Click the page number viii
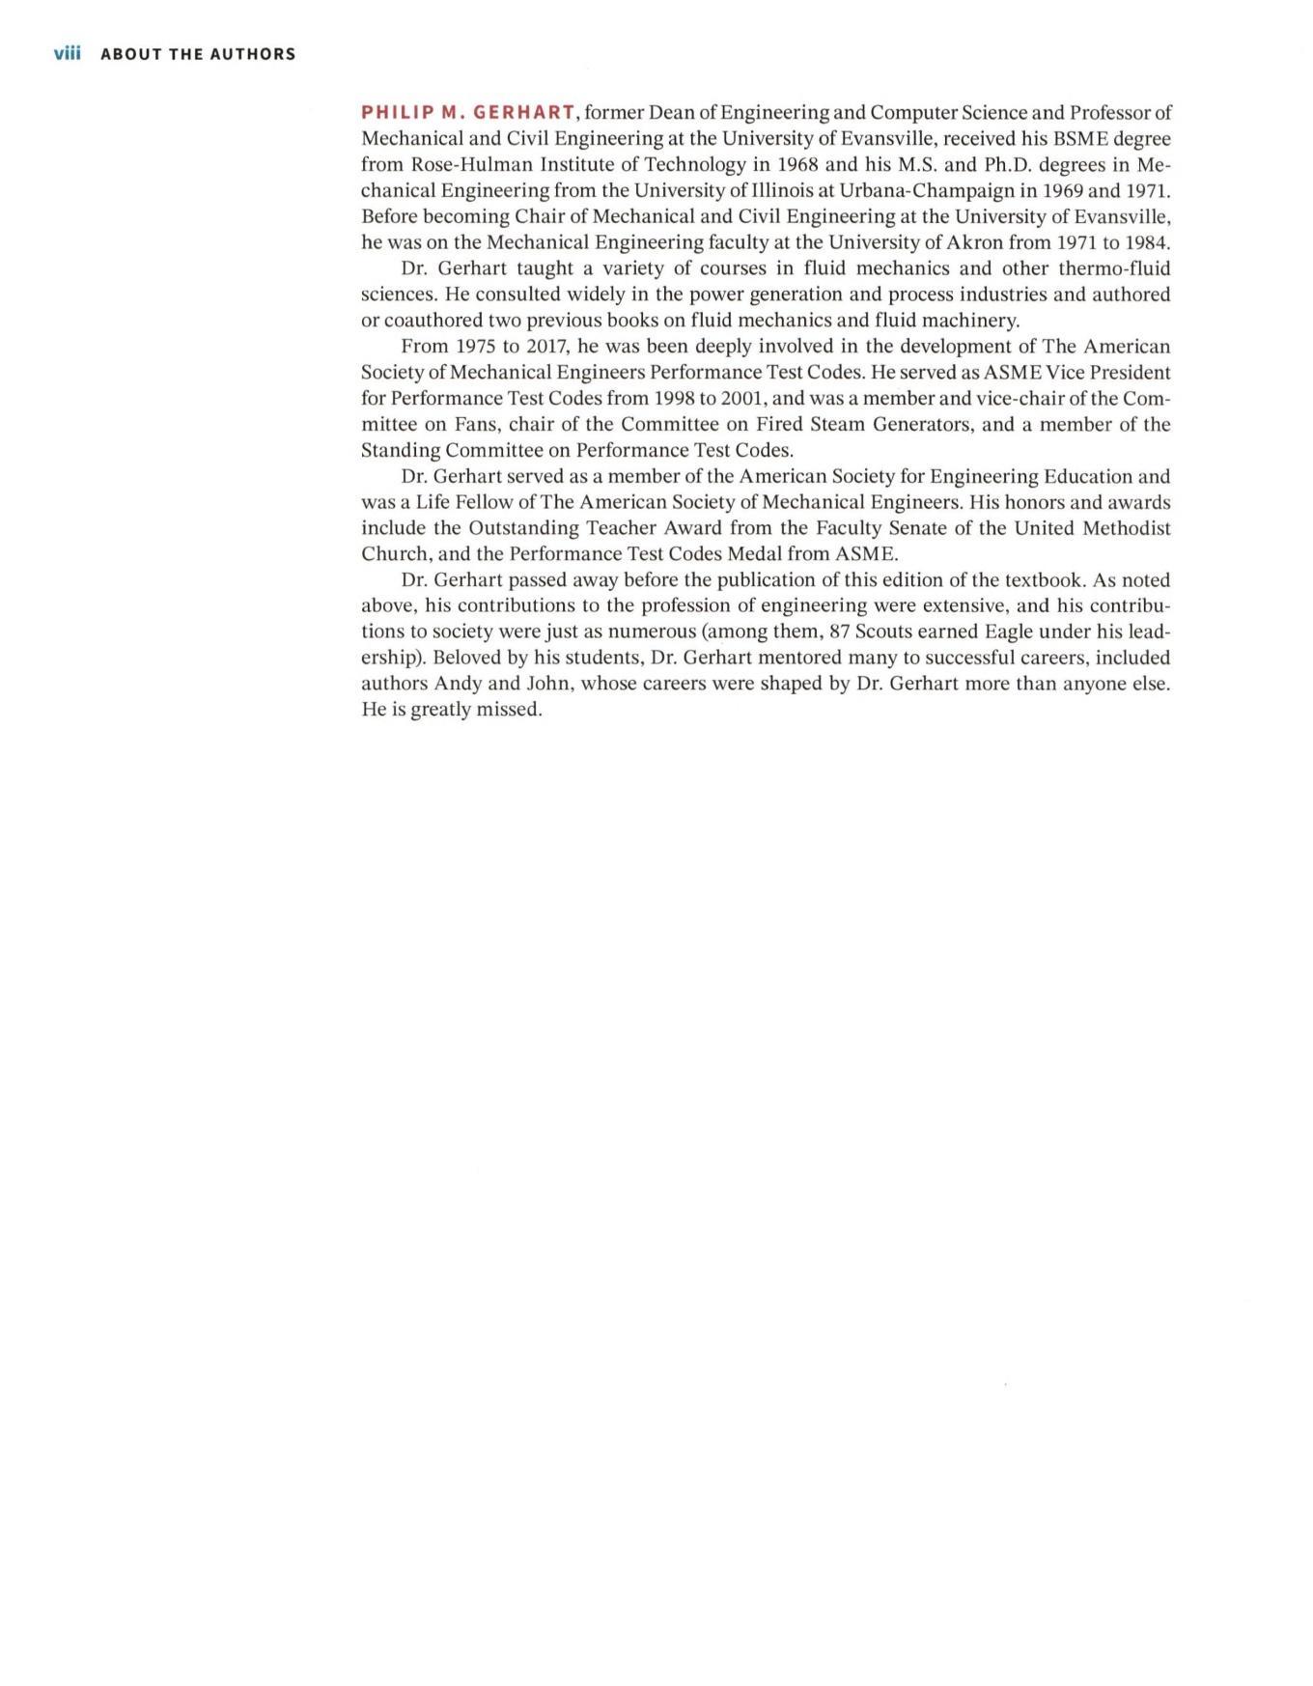[x=67, y=53]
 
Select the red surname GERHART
[x=524, y=112]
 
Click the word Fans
[x=477, y=424]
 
